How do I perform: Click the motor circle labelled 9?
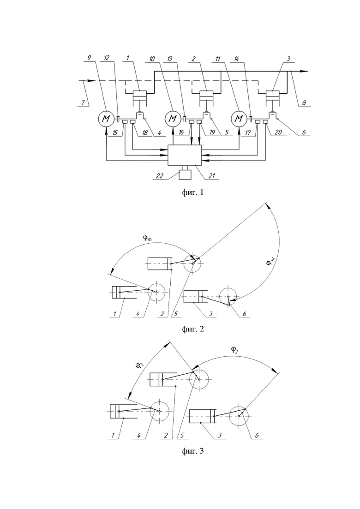point(106,119)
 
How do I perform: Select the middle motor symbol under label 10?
point(173,119)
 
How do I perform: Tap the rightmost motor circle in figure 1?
point(239,119)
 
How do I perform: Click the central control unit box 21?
point(184,155)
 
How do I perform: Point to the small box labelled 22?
point(185,174)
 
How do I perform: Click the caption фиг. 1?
point(193,192)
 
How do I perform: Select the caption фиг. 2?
point(193,329)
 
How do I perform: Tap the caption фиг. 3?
point(193,451)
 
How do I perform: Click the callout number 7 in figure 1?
point(83,102)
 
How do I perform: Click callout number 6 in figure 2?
point(244,314)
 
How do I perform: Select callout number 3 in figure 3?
point(219,435)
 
